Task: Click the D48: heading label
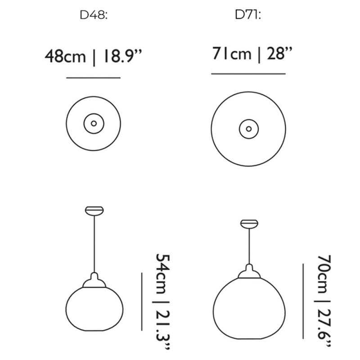click(94, 15)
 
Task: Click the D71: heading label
click(248, 15)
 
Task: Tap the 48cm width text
click(65, 57)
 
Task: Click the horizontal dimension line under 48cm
click(93, 78)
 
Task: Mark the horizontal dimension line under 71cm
click(248, 73)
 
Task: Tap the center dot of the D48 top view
click(94, 123)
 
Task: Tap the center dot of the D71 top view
click(248, 129)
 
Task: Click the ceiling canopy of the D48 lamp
click(94, 210)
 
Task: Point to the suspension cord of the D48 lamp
click(94, 243)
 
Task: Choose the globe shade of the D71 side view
click(248, 308)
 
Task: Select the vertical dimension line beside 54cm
click(142, 301)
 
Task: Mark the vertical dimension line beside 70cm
click(303, 301)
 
